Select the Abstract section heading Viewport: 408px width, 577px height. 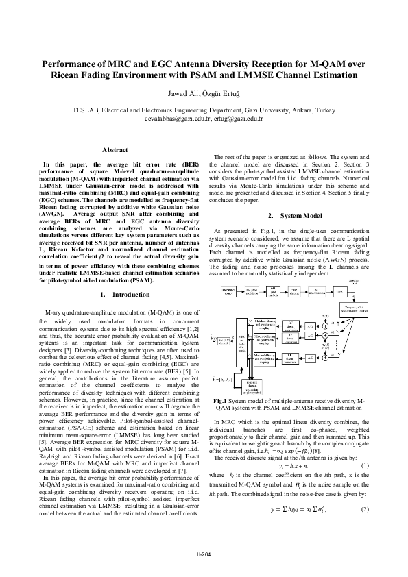pos(115,149)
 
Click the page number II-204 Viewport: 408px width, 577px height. pos(204,554)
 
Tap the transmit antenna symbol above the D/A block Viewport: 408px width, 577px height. pos(354,281)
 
